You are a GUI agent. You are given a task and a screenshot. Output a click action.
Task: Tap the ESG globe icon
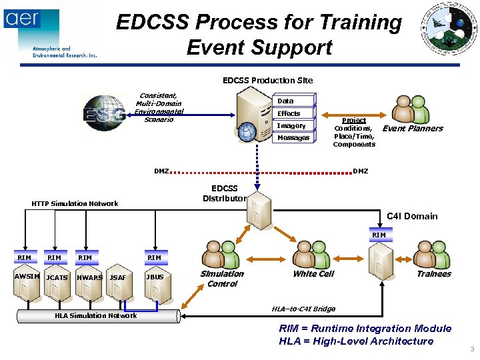[104, 113]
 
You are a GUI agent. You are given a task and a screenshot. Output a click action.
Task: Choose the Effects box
[289, 113]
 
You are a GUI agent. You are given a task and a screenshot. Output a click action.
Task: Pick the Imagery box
[291, 125]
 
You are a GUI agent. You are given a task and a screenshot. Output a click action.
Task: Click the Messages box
[293, 137]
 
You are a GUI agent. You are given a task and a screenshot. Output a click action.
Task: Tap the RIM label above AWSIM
[24, 257]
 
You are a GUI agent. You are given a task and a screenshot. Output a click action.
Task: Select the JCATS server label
[57, 277]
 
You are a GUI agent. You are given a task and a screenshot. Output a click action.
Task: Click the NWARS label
[90, 277]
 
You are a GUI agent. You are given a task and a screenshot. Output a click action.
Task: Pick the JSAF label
[118, 277]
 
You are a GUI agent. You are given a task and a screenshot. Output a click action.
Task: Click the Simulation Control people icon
[223, 254]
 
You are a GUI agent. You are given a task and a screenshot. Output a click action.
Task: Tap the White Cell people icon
[313, 254]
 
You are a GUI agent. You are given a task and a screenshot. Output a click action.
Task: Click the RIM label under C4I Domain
[379, 235]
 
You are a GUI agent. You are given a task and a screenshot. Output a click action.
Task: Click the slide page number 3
[471, 349]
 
